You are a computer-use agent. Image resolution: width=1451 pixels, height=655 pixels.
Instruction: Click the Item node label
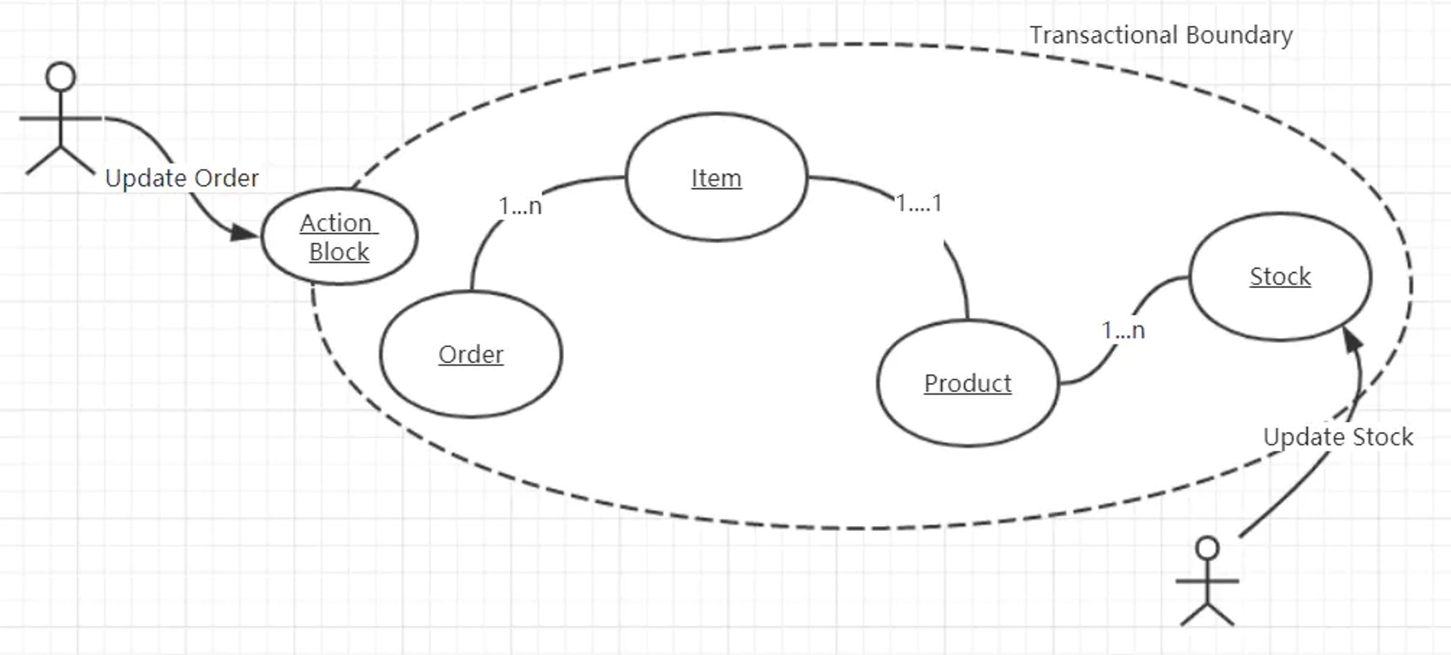point(716,178)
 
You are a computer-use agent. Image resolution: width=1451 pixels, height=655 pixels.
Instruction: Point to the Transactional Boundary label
point(1161,35)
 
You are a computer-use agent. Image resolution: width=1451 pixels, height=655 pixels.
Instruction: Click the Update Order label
point(181,178)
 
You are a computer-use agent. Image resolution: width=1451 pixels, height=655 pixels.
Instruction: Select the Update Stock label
point(1338,437)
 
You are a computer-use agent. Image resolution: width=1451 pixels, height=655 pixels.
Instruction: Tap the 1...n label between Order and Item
point(520,206)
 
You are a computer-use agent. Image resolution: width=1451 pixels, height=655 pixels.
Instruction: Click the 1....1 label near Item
point(919,203)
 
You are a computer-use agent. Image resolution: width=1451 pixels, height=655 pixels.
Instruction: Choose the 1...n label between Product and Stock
point(1123,330)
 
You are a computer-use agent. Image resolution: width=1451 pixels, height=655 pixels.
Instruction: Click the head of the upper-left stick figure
point(61,77)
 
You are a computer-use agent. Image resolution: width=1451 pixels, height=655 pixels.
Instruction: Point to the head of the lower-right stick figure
point(1207,548)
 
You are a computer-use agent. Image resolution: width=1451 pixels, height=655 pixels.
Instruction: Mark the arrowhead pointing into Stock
point(1353,340)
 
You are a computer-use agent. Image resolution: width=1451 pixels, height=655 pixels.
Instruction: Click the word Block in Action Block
point(339,251)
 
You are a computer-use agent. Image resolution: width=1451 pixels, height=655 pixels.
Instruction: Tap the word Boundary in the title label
point(1239,35)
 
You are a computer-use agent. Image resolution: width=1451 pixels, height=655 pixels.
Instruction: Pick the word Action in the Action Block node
point(336,223)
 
